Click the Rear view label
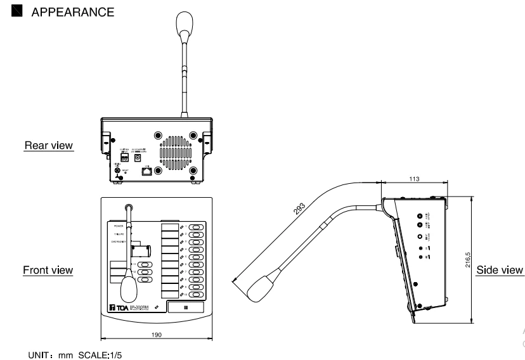point(48,146)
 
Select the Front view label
point(48,270)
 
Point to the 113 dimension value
point(415,180)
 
